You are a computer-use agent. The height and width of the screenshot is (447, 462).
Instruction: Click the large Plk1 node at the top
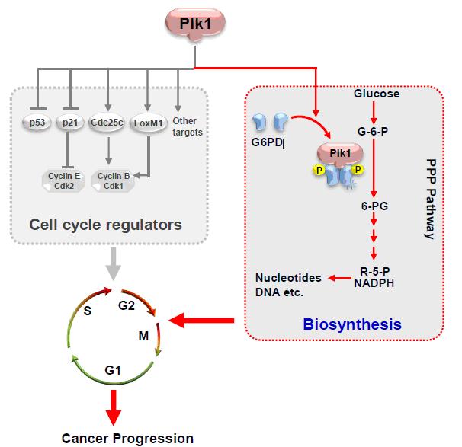(x=192, y=24)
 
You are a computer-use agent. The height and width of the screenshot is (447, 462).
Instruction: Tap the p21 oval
(x=71, y=123)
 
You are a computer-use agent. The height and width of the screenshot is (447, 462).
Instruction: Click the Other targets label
(x=185, y=126)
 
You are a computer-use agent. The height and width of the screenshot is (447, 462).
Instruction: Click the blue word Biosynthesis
(x=352, y=324)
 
